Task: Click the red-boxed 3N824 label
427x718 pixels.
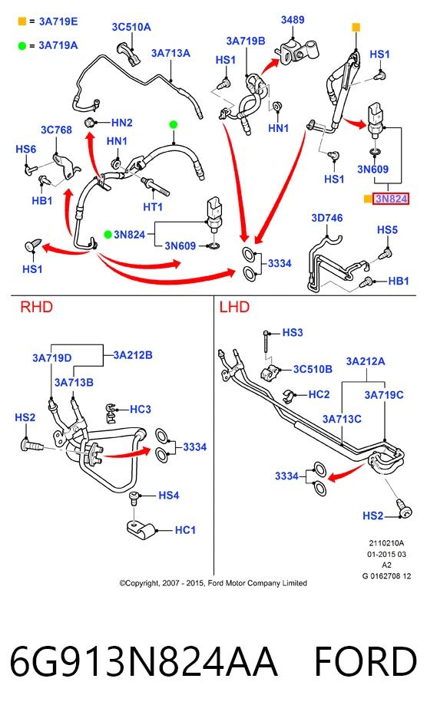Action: tap(391, 199)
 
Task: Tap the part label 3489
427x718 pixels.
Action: tap(293, 20)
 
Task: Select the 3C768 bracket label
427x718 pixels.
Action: tap(56, 130)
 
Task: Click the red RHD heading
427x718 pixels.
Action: tap(37, 307)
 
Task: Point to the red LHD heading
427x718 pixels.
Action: tap(234, 307)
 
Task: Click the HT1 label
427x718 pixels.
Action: tap(153, 207)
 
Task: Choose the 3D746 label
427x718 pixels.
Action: tap(327, 218)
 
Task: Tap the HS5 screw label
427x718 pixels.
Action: tap(387, 229)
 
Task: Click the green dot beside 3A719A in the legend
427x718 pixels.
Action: tap(22, 45)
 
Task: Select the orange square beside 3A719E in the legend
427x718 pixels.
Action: tap(22, 21)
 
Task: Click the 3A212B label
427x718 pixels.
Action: tap(133, 355)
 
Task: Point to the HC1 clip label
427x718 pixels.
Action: tap(185, 530)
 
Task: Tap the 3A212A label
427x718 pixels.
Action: tap(366, 361)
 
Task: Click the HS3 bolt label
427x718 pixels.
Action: tap(293, 332)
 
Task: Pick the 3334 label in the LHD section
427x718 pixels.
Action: tap(286, 476)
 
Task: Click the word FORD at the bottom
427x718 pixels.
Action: tap(366, 661)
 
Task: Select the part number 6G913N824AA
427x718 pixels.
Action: tap(144, 661)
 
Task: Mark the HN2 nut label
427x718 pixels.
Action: tap(122, 123)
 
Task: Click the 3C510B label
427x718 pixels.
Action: tap(313, 369)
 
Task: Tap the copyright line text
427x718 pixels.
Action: tap(213, 583)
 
